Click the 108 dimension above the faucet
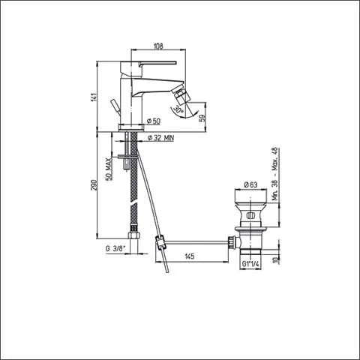pyautogui.click(x=158, y=46)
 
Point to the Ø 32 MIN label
pyautogui.click(x=160, y=137)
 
